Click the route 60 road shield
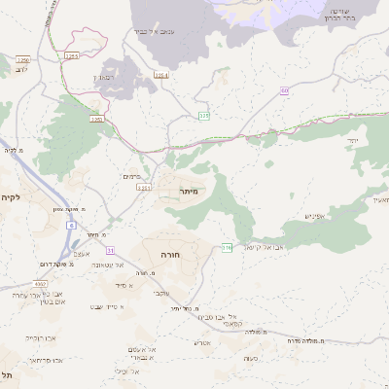point(285,90)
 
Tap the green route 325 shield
point(203,116)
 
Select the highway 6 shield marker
point(71,225)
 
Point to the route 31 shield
point(110,250)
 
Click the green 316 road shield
point(226,247)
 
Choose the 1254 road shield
point(159,75)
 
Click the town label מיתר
point(189,193)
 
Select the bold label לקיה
point(11,197)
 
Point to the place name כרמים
point(134,176)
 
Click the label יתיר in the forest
point(351,142)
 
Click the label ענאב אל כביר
point(154,32)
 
